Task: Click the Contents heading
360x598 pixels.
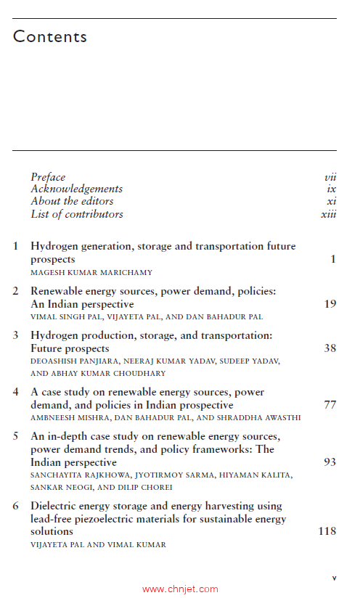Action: (50, 36)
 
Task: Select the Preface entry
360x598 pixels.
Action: (48, 177)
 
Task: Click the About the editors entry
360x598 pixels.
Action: (72, 201)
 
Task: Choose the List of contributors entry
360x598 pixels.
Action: (77, 214)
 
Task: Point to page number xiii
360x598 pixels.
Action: (328, 214)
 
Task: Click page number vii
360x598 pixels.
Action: (330, 177)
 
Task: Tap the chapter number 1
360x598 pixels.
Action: (16, 246)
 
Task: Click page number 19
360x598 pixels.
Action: (330, 304)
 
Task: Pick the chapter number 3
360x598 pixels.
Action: (16, 335)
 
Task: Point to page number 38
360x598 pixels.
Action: (330, 348)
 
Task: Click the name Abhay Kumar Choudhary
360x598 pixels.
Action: (98, 373)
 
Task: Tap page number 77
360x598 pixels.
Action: (330, 405)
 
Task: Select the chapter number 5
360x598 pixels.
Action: (16, 436)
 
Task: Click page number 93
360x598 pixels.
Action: (330, 462)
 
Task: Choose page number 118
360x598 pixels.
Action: (327, 531)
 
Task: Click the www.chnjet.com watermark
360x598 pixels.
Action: (180, 589)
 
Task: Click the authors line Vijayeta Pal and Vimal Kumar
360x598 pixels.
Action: (98, 544)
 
